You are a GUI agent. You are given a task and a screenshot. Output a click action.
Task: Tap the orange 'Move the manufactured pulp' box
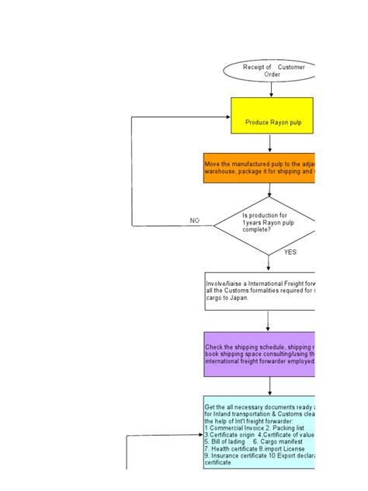tap(260, 167)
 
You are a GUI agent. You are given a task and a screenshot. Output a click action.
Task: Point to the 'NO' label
tap(195, 221)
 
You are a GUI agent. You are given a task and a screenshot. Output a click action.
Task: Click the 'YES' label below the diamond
tap(290, 252)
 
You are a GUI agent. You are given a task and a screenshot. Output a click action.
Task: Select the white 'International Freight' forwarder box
tap(260, 291)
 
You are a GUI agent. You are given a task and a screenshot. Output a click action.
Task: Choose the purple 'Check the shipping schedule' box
tap(260, 353)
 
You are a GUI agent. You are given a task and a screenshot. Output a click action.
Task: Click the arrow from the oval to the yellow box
tap(271, 89)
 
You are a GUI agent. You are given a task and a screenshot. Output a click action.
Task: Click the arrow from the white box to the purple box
tap(269, 320)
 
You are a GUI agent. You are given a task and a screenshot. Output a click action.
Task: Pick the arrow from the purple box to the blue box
tap(269, 385)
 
